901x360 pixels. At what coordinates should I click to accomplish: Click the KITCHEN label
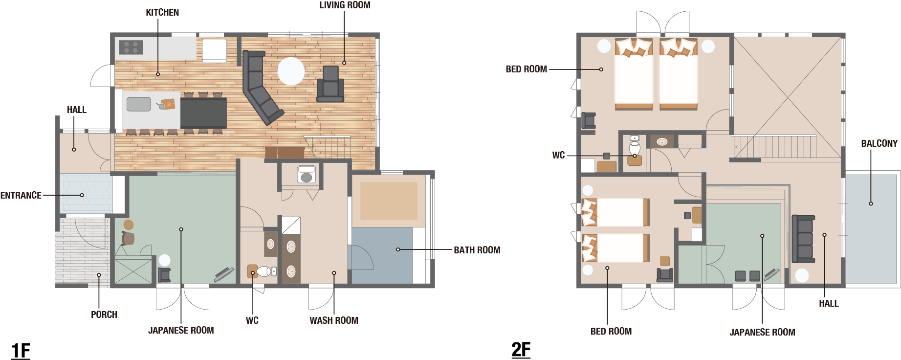pos(162,13)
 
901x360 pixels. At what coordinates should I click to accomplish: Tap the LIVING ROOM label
pos(345,5)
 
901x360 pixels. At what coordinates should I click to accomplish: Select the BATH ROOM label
pos(477,250)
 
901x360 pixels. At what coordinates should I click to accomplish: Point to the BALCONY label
pos(879,143)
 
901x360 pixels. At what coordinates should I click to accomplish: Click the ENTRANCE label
pos(21,195)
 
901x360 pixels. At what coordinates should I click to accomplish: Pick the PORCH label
pos(104,315)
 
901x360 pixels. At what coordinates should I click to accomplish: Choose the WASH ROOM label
pos(334,320)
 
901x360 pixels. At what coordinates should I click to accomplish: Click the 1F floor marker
pos(21,351)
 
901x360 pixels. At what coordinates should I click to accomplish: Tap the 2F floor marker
pos(521,350)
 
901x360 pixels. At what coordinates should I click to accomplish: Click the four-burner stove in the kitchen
pos(131,47)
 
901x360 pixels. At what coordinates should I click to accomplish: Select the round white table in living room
pos(291,71)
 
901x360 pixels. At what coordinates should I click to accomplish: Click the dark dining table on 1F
pos(203,113)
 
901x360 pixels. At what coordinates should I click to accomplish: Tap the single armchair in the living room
pos(330,84)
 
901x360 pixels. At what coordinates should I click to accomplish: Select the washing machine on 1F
pos(307,174)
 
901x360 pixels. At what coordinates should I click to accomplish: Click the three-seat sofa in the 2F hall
pos(803,239)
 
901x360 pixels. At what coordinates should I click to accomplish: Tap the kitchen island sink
pos(139,104)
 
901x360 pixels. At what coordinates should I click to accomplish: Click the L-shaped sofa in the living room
pos(260,87)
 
